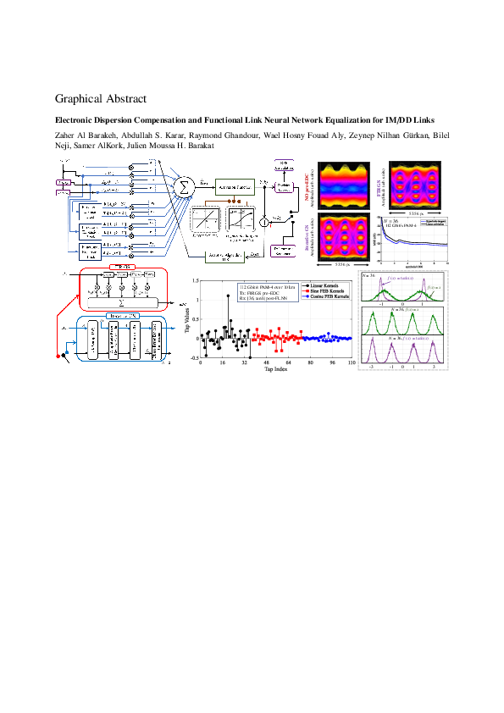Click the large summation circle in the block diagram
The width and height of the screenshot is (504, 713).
click(182, 185)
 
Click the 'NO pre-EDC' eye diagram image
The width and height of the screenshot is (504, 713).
click(343, 181)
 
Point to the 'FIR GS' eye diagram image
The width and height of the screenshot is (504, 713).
click(413, 180)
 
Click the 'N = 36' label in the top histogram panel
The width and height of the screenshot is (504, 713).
click(368, 277)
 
